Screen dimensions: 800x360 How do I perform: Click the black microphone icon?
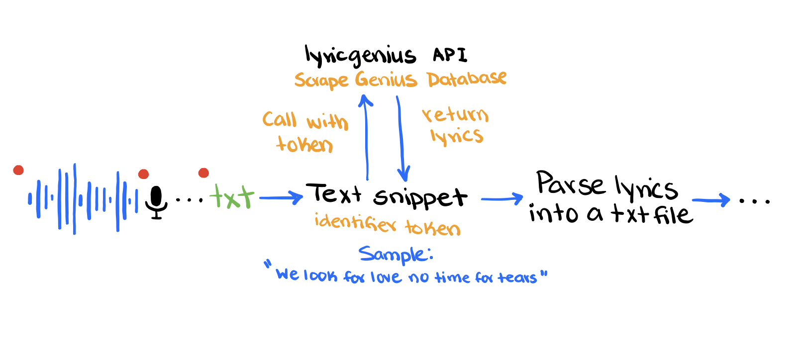click(x=156, y=202)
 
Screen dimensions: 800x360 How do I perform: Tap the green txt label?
click(x=232, y=196)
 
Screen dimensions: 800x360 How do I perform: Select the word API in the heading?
click(x=450, y=55)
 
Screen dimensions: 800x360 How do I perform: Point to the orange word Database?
click(x=467, y=79)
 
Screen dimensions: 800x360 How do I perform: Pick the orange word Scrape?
click(x=321, y=80)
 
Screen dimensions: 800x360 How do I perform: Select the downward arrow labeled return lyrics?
click(x=401, y=139)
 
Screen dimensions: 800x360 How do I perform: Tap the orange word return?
click(x=455, y=115)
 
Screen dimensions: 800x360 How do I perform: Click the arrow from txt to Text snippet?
click(x=281, y=198)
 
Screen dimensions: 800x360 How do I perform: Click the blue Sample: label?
click(x=396, y=254)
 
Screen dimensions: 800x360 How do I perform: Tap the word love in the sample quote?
click(x=386, y=277)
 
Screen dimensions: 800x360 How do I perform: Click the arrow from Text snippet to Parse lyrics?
click(x=502, y=199)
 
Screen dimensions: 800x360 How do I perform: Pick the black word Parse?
click(x=570, y=183)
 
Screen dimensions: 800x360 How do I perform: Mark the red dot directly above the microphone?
click(x=143, y=174)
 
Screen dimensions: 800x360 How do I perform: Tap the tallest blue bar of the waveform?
click(x=75, y=198)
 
